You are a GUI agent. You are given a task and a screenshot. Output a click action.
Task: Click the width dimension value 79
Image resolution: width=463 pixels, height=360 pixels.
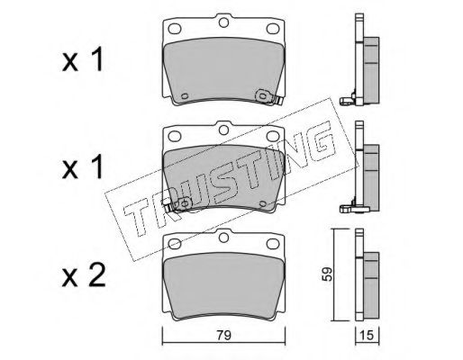click(x=224, y=335)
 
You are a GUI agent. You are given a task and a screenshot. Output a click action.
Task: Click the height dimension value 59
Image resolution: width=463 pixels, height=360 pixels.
click(x=327, y=274)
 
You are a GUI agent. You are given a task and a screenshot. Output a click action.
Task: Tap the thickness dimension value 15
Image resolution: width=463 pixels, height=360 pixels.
click(x=367, y=335)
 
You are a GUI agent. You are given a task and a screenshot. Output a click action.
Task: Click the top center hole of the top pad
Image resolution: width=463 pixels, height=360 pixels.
click(x=223, y=22)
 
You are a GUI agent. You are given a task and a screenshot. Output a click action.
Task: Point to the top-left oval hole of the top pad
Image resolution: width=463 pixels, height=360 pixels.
click(x=175, y=29)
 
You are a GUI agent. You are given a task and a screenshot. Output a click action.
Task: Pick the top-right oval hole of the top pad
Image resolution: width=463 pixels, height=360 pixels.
click(x=273, y=29)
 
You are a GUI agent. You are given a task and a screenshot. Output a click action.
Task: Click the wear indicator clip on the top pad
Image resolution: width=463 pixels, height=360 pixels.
click(x=269, y=97)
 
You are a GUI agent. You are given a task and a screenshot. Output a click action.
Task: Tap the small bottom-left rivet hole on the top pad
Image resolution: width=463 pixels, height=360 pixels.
click(x=185, y=95)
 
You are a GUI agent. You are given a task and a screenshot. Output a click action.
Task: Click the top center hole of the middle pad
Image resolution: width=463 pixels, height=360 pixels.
click(x=223, y=130)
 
